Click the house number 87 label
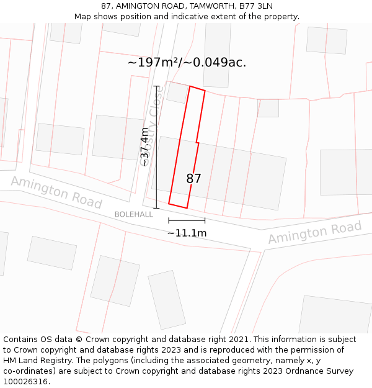[x=193, y=179]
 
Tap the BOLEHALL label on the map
[x=133, y=214]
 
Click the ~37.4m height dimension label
[x=144, y=147]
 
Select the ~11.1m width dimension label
[x=187, y=233]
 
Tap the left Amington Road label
[x=56, y=192]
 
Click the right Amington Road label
[x=314, y=232]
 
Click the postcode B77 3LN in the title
[x=256, y=6]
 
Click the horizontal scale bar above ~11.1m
[x=187, y=220]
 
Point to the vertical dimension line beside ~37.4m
[x=156, y=147]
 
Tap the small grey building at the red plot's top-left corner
[x=177, y=93]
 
